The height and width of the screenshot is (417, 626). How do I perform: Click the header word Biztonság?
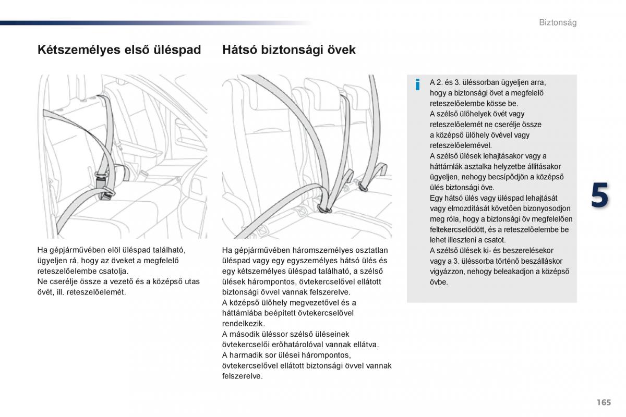tap(557, 23)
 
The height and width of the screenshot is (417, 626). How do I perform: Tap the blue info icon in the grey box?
tap(417, 84)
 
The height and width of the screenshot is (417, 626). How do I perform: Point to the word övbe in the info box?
tap(439, 282)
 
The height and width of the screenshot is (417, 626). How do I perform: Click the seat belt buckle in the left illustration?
tap(102, 180)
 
